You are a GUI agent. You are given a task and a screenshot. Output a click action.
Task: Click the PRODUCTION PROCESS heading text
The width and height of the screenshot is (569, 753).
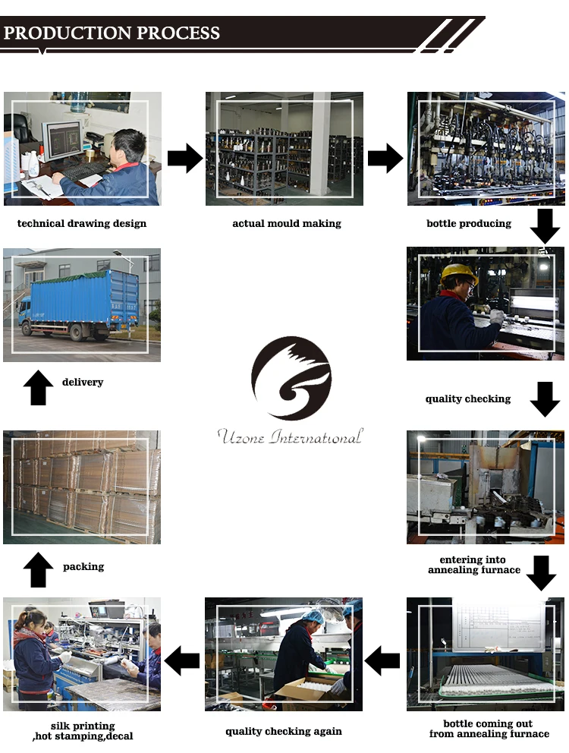click(112, 33)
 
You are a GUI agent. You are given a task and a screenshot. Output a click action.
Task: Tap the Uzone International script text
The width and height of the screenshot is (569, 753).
click(290, 437)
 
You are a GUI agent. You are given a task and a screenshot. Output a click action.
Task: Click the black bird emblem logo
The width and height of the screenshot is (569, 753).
click(291, 378)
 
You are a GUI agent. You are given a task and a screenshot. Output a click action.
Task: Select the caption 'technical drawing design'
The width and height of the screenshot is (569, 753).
click(82, 224)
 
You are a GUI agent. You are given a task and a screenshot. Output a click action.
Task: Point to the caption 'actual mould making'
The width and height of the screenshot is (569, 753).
click(286, 224)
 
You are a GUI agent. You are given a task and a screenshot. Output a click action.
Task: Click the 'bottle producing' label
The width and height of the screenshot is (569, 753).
click(469, 224)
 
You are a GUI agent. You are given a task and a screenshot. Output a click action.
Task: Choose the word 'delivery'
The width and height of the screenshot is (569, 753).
click(83, 383)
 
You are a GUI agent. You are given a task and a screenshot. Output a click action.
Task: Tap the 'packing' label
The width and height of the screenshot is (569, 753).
click(83, 567)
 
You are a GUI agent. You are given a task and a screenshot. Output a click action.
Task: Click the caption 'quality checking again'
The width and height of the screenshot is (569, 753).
click(284, 732)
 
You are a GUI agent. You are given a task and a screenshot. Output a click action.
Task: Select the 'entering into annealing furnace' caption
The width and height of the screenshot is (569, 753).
click(474, 566)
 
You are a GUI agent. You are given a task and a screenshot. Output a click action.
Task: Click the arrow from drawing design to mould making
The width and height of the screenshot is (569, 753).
click(184, 159)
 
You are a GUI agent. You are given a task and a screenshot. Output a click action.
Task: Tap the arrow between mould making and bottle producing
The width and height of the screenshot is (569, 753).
click(385, 159)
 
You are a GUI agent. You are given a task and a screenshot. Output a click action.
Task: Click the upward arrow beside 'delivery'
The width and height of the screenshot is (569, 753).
click(38, 388)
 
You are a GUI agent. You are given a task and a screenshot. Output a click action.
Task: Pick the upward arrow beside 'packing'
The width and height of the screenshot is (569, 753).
click(38, 570)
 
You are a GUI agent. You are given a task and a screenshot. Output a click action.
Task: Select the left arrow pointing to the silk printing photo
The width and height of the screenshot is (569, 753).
click(182, 661)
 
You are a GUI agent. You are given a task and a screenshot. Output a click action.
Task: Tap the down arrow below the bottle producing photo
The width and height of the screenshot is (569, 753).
click(545, 226)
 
